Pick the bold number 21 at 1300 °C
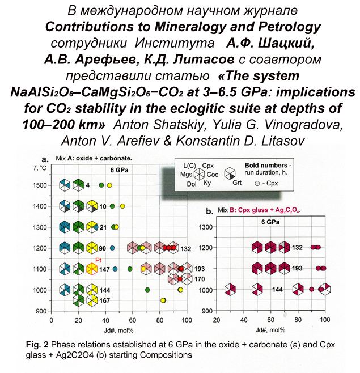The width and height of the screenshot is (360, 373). pos(103,227)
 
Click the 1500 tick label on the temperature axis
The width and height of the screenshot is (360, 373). pos(39,185)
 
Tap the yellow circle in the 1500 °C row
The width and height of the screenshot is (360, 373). pos(109,185)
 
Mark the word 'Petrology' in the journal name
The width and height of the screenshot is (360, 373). pos(289,27)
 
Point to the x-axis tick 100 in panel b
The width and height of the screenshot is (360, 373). pos(324,319)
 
